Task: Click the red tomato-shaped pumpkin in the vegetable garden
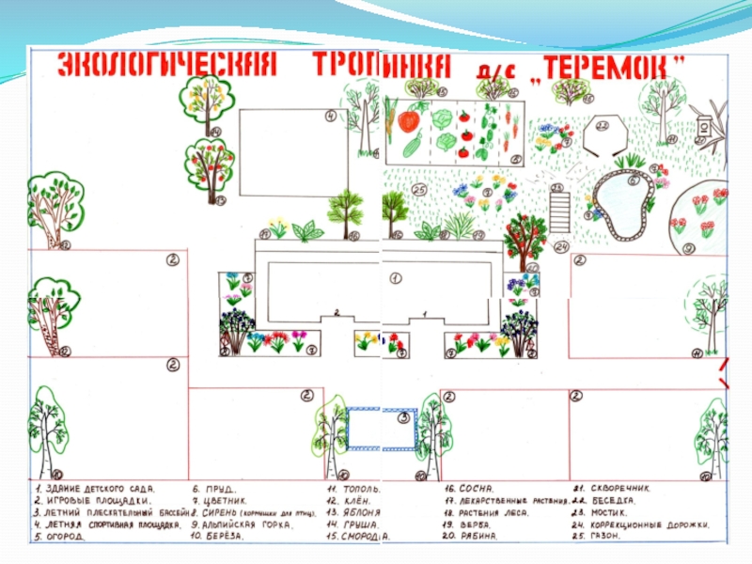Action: [x=408, y=120]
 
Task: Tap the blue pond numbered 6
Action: [x=620, y=201]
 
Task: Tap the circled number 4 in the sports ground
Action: [x=331, y=117]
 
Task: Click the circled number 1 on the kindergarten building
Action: [x=396, y=278]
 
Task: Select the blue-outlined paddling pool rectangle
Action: [x=382, y=429]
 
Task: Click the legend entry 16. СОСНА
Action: [x=470, y=489]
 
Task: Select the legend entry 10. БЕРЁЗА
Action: [x=218, y=536]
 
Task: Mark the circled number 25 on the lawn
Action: [x=419, y=190]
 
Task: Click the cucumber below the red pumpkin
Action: [x=412, y=146]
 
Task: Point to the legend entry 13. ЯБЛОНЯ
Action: [x=352, y=512]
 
